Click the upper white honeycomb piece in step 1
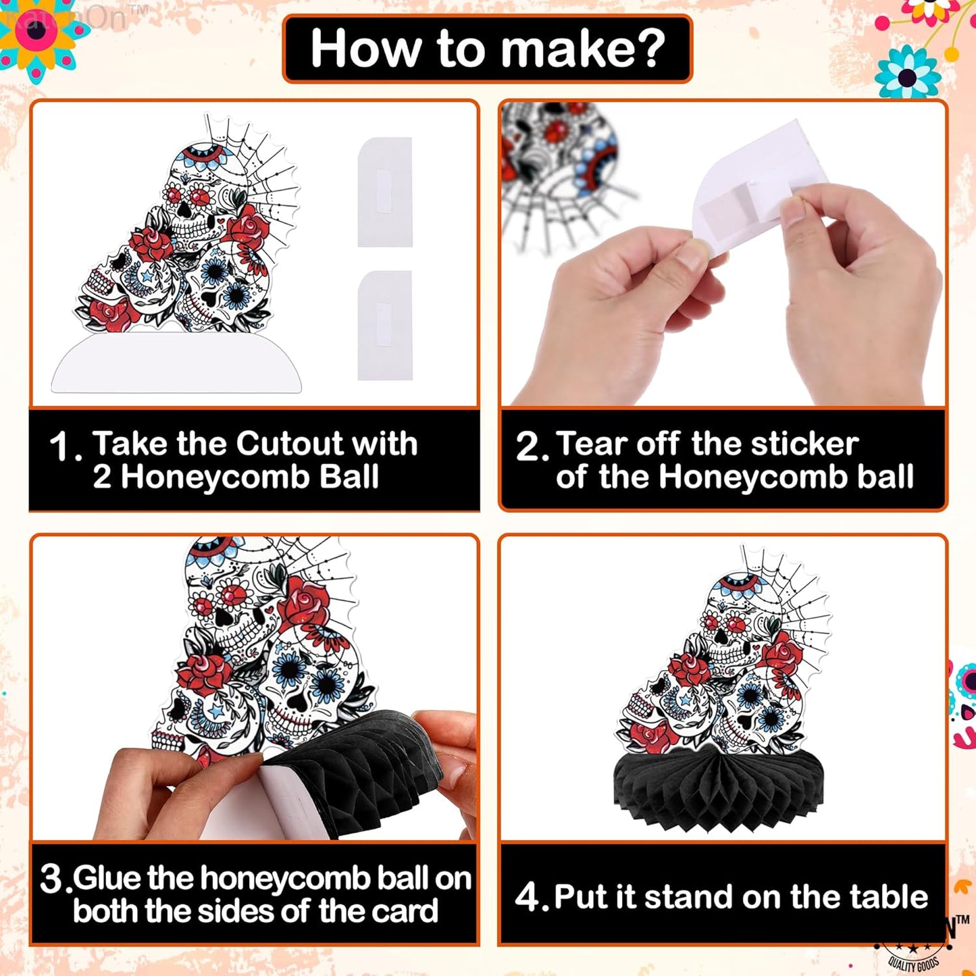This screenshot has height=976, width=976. (384, 192)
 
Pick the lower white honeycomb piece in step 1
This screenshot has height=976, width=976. (384, 325)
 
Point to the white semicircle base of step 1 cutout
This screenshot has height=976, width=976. (176, 364)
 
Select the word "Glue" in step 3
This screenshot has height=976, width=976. (108, 878)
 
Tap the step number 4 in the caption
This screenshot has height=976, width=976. (528, 897)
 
